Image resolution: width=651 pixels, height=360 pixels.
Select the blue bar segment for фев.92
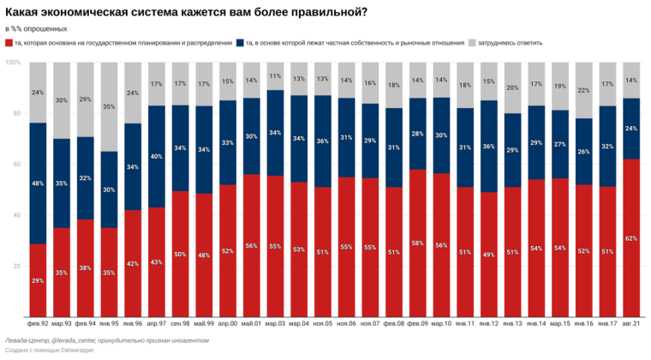point(38,183)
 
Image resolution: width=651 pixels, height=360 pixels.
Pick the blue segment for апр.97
point(157,156)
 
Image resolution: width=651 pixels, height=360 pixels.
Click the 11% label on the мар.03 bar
point(276,76)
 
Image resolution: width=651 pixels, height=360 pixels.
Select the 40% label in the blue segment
point(157,156)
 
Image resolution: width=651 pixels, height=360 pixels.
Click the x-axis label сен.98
point(180,325)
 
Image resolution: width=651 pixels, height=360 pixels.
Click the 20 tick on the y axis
point(15,267)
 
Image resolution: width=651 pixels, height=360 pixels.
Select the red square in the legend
point(9,43)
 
